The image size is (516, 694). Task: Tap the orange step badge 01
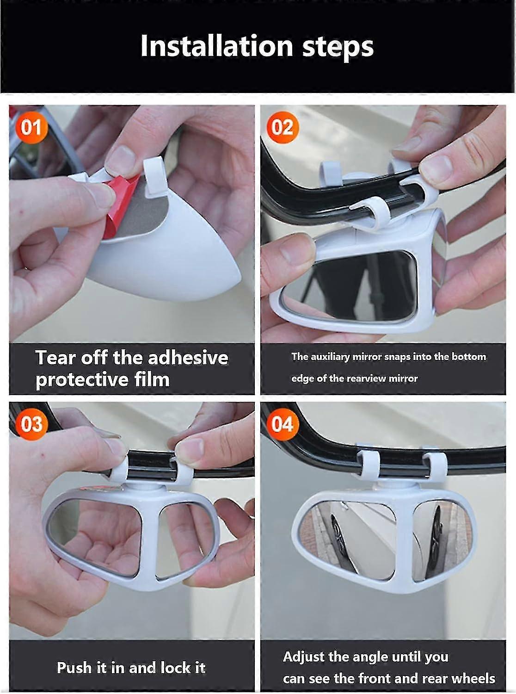(x=31, y=127)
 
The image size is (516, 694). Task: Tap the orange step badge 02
(x=282, y=127)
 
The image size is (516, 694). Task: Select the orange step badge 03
(x=31, y=423)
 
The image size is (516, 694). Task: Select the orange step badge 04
(x=282, y=423)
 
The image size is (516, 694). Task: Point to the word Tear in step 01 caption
(x=55, y=358)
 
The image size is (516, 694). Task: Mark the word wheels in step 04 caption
(x=473, y=678)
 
